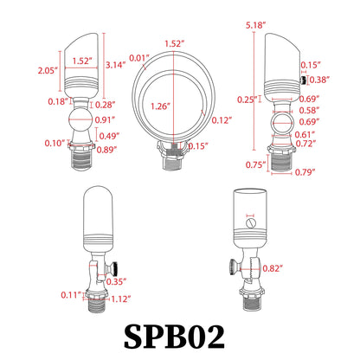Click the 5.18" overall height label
[255, 25]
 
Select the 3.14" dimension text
[115, 65]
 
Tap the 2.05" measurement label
[48, 70]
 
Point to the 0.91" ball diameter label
[105, 119]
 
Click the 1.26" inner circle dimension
[160, 106]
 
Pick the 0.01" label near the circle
[139, 58]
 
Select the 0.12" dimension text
[222, 120]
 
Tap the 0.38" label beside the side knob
[319, 80]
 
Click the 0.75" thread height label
[255, 164]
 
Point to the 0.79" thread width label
[305, 172]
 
